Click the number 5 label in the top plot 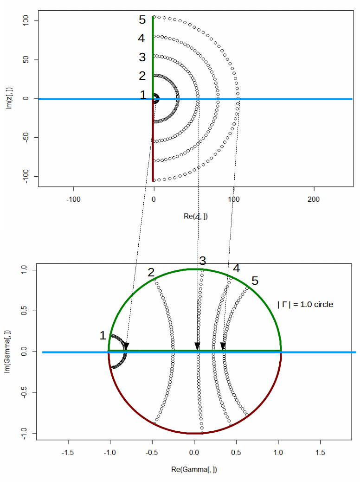coord(142,20)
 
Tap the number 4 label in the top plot coord(142,38)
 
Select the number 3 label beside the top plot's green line coord(142,57)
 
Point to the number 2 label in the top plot coord(142,76)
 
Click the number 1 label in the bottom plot coord(103,336)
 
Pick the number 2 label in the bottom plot coord(151,273)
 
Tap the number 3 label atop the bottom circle coord(202,260)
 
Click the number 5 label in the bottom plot coord(255,281)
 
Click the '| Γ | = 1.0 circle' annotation coord(305,305)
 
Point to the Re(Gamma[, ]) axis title coord(194,469)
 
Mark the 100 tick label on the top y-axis coord(27,21)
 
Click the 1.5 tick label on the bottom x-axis coord(320,452)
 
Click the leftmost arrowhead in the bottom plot coord(126,346)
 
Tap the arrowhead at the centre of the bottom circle coord(197,346)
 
